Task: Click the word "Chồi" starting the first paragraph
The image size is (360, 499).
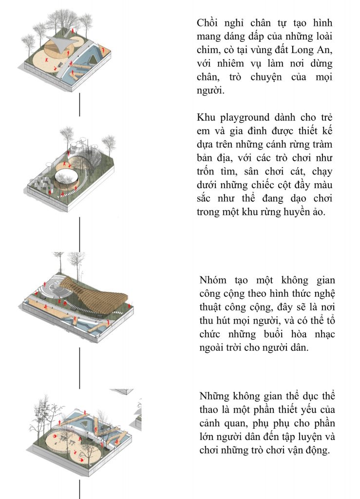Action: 208,23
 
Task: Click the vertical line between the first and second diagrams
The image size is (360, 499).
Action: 80,105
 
